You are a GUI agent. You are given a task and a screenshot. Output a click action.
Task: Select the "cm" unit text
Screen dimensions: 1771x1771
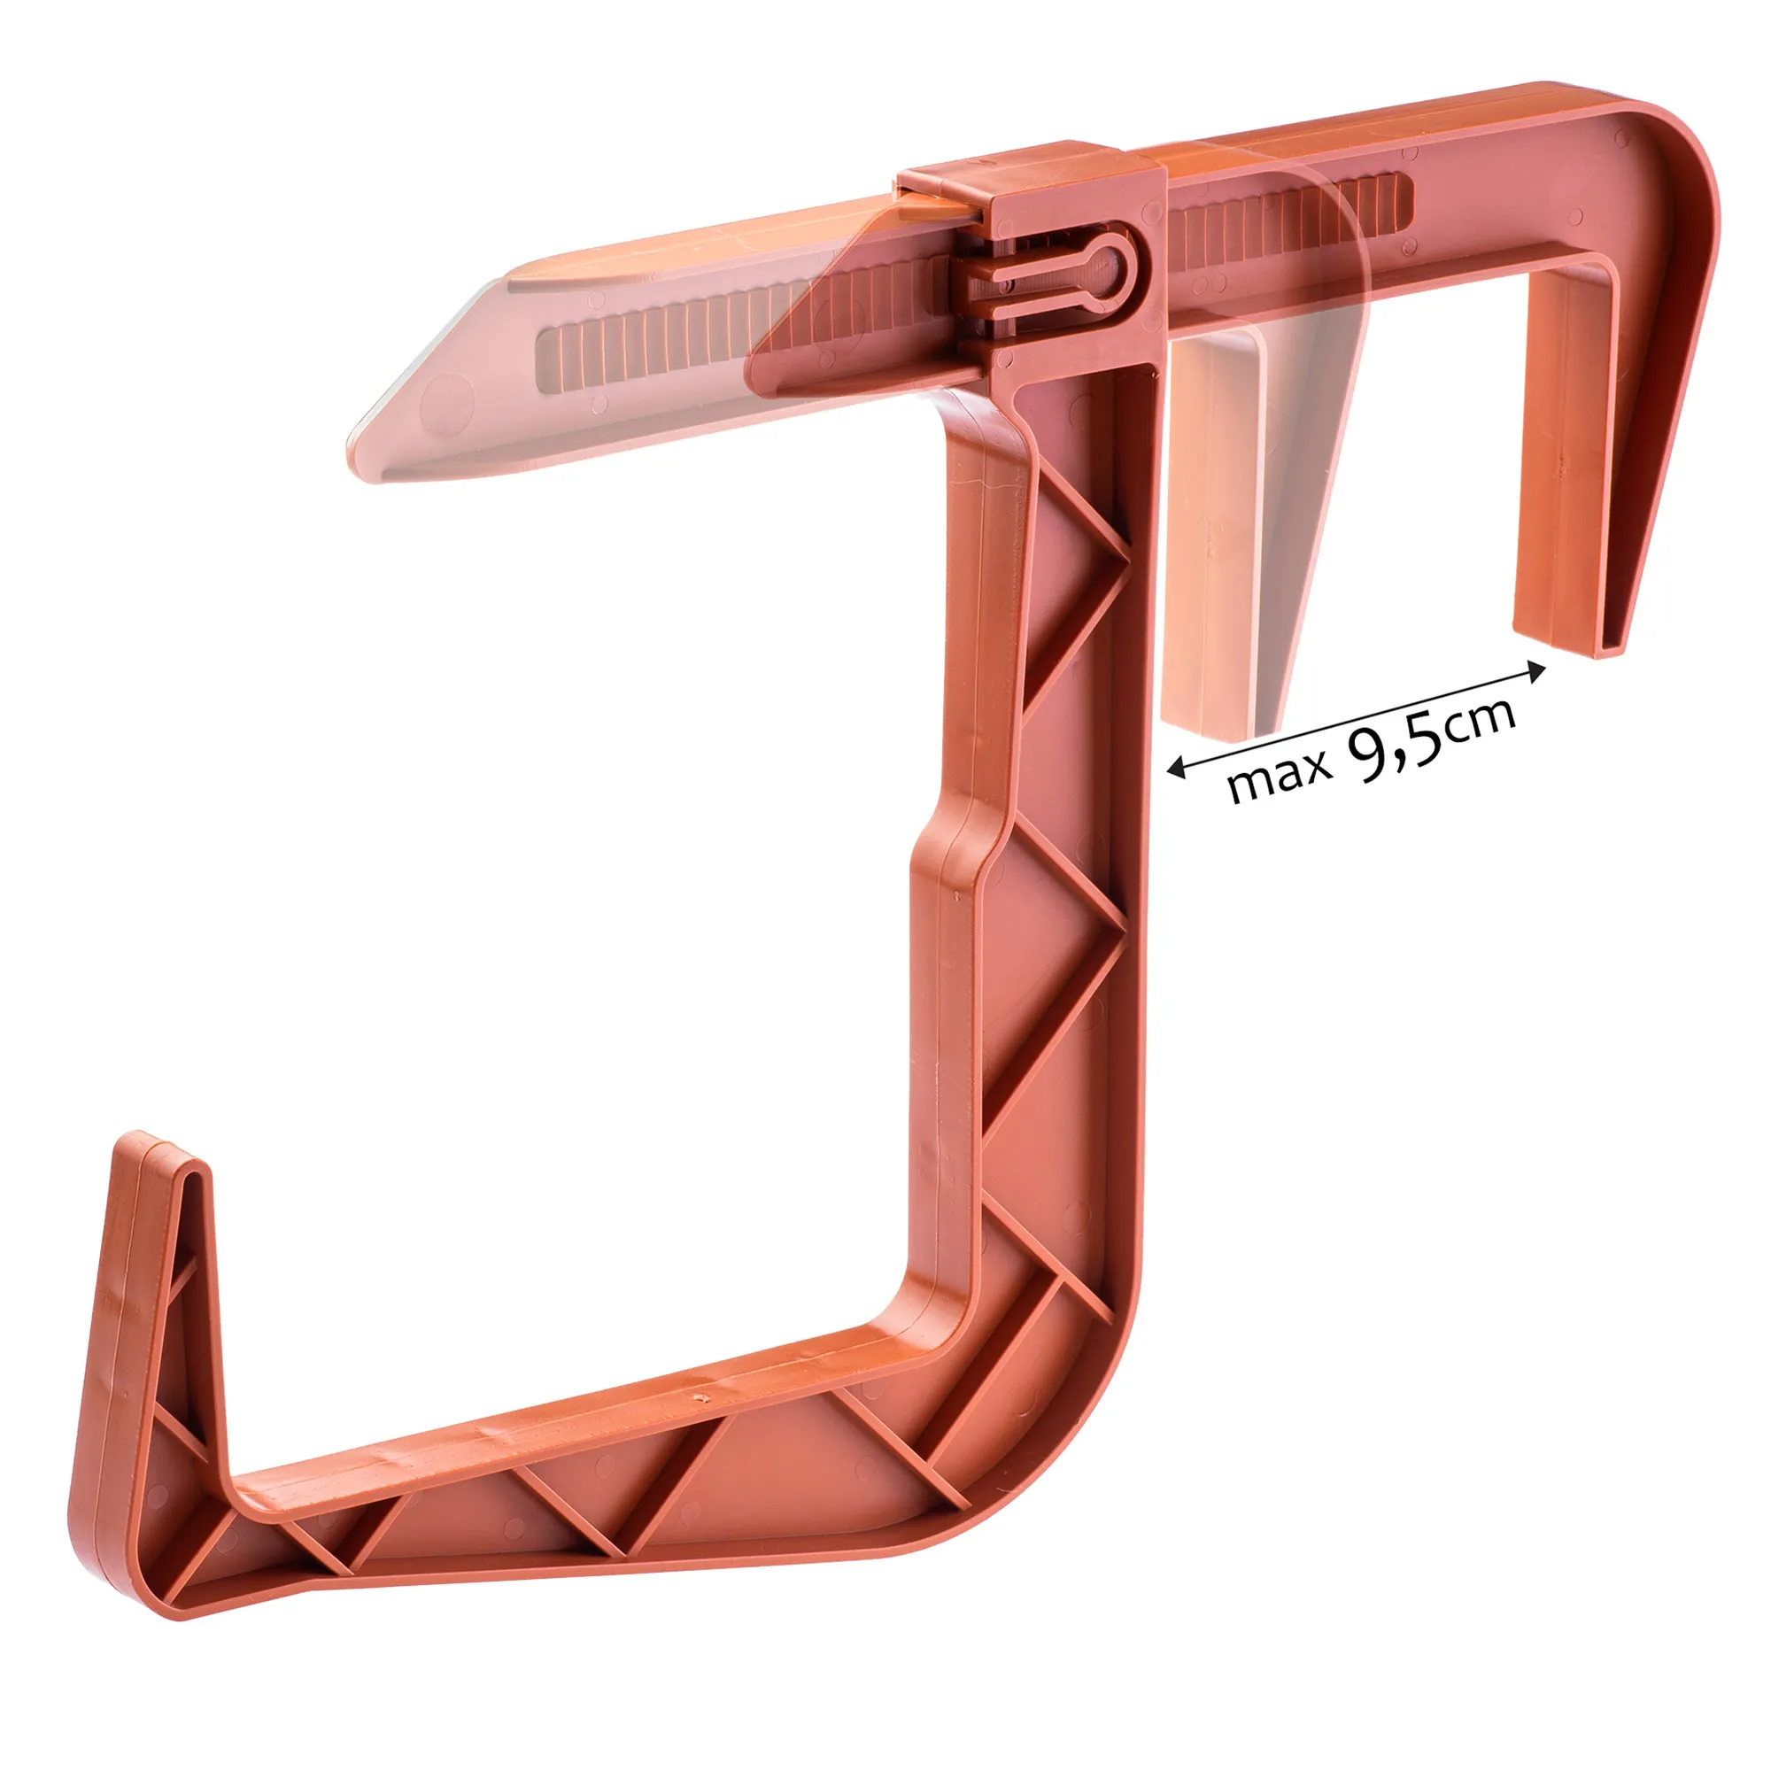(x=1482, y=721)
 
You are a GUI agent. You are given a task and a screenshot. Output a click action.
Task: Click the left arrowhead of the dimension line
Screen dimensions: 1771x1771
(x=1177, y=768)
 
